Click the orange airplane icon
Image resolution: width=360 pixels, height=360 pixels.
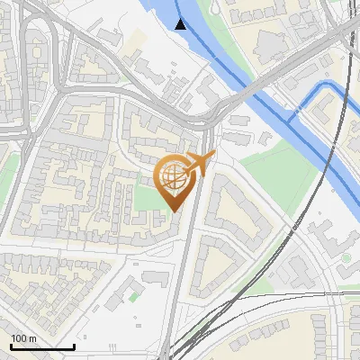click(x=202, y=164)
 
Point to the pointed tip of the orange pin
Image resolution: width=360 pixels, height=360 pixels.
click(x=173, y=211)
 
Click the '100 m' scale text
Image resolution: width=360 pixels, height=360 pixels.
click(x=23, y=337)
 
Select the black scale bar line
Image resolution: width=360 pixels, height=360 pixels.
click(x=41, y=346)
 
